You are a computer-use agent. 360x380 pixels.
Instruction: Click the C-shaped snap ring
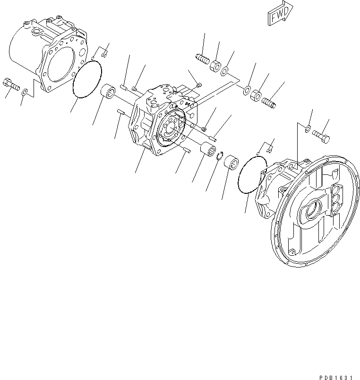pyautogui.click(x=220, y=156)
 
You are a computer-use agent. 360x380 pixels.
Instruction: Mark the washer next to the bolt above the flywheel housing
pyautogui.click(x=308, y=129)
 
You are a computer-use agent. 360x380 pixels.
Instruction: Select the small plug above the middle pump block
pyautogui.click(x=199, y=85)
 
